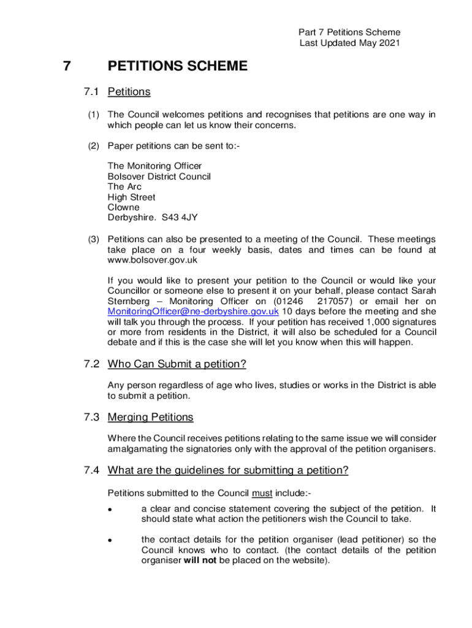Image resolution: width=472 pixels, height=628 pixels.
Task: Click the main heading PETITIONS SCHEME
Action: (178, 66)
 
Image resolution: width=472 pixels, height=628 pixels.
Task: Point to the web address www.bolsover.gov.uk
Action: (153, 260)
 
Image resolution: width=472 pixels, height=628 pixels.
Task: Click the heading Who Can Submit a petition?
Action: (177, 365)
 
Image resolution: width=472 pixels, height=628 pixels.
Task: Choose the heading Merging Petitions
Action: (150, 418)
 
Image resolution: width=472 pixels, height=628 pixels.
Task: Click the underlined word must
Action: (262, 493)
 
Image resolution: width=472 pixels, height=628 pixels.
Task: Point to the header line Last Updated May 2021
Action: (349, 43)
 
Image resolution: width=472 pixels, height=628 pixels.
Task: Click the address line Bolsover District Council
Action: (159, 177)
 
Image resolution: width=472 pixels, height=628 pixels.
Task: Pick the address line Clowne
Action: (123, 207)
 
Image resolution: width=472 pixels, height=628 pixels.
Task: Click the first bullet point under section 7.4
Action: (108, 510)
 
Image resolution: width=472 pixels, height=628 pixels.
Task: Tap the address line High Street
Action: (131, 197)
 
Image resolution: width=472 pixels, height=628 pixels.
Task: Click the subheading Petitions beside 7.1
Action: (129, 92)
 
